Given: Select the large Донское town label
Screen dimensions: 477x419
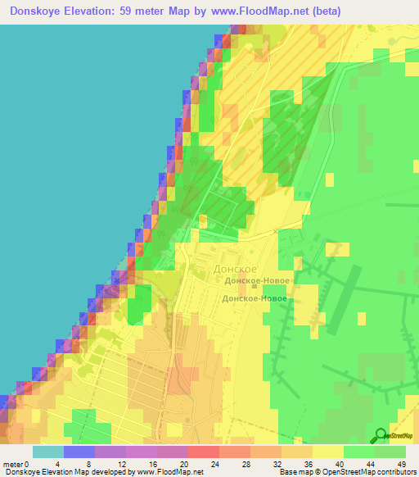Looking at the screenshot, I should tap(235, 268).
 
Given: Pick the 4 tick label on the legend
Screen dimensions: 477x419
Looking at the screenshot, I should tap(64, 464).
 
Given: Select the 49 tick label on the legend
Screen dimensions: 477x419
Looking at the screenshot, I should tap(400, 464).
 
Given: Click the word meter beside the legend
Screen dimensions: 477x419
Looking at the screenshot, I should tap(12, 464).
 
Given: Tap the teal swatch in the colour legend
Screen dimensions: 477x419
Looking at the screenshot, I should tap(47, 452).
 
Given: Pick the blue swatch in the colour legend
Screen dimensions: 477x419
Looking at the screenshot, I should tap(79, 452).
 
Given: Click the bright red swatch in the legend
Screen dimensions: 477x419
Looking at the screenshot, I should tap(203, 452).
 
